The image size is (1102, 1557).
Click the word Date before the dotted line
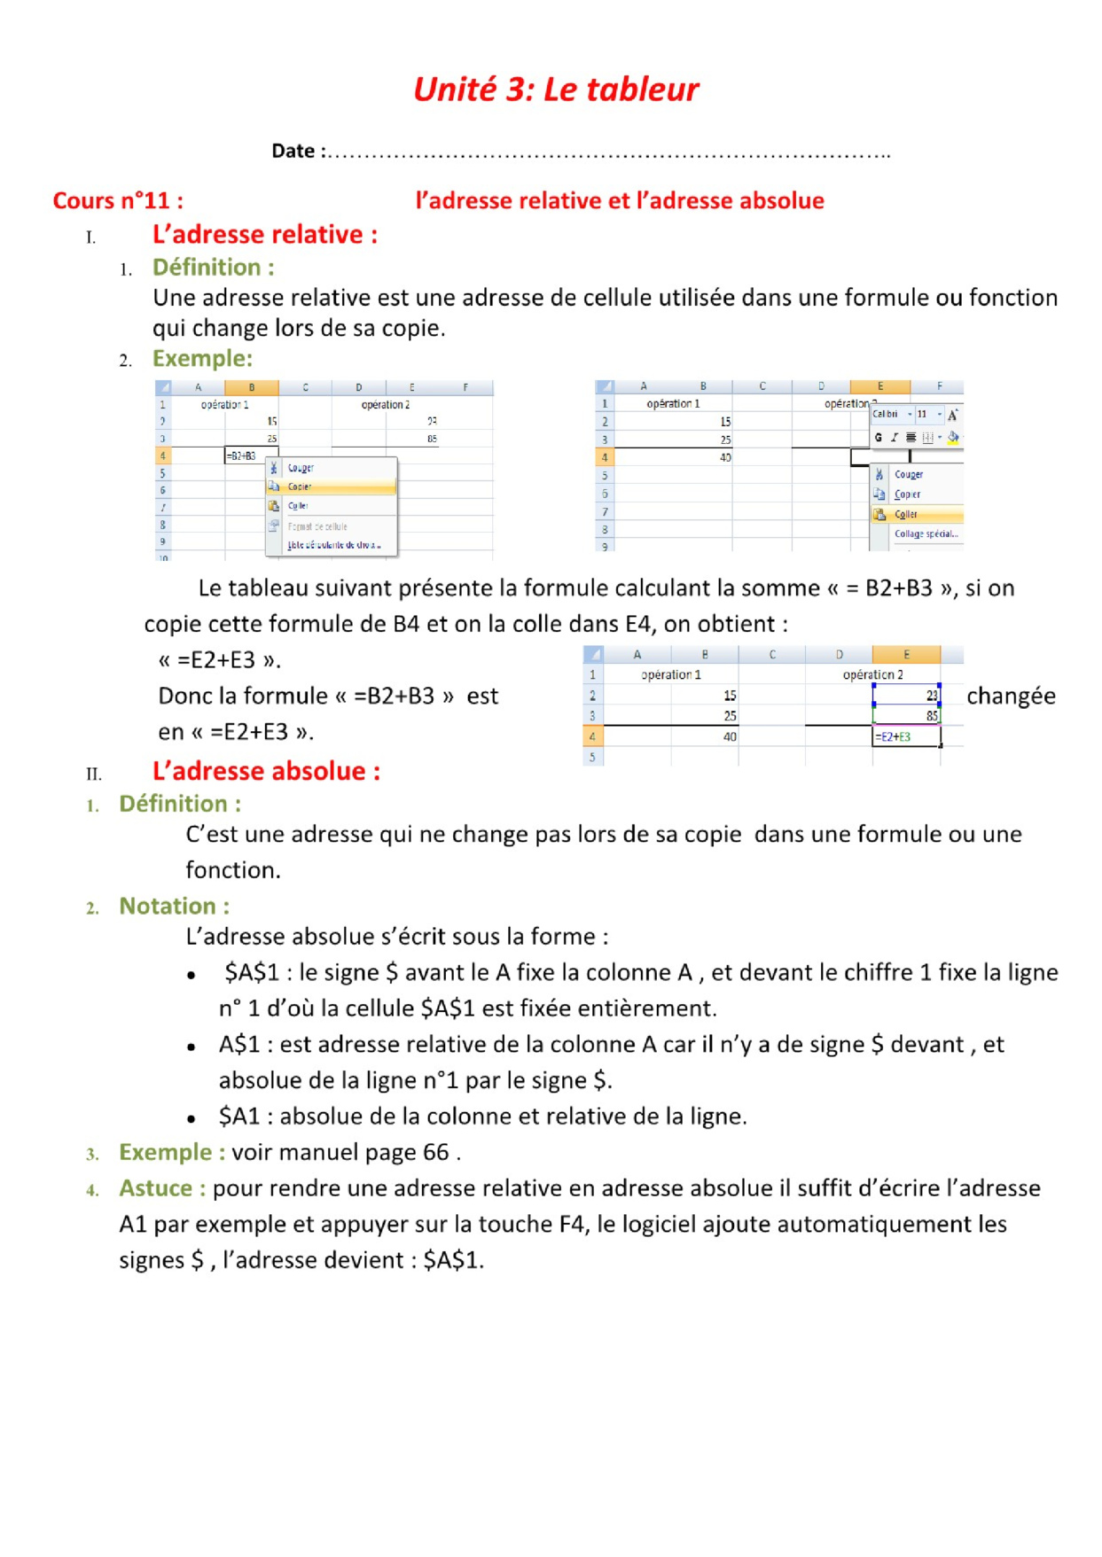pos(293,151)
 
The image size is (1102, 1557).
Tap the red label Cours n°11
pos(117,200)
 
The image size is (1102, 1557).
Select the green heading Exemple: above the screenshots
pos(202,358)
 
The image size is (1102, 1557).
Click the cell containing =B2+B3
pos(241,455)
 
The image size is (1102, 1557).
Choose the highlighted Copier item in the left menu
pos(300,487)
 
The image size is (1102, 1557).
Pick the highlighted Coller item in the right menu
pos(905,514)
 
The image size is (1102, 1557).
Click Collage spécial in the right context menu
pos(926,533)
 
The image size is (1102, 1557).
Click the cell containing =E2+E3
pos(894,736)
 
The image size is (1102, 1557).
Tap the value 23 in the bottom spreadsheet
pos(932,696)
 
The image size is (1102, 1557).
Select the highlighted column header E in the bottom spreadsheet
pos(906,654)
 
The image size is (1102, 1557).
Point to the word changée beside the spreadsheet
pos(1011,696)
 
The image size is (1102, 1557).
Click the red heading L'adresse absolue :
pos(266,771)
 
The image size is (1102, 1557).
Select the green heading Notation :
pos(174,906)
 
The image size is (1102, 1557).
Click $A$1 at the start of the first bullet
pos(251,972)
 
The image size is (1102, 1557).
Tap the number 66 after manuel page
pos(435,1152)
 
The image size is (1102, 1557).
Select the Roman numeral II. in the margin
pos(94,774)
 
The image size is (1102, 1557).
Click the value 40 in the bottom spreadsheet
pos(730,736)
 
